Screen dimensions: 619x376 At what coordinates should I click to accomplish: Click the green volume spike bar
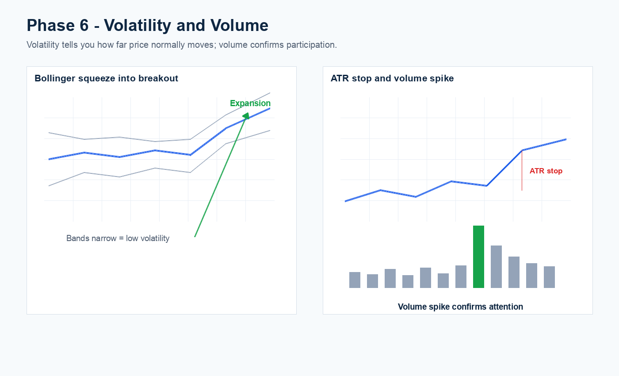click(478, 257)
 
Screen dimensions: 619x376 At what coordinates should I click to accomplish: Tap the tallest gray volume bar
click(496, 266)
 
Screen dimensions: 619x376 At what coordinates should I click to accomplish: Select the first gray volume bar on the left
click(355, 280)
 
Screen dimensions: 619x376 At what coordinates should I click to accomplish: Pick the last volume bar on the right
click(549, 277)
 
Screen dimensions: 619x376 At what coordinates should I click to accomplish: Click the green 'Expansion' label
click(250, 103)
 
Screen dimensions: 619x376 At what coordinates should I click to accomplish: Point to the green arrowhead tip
click(248, 113)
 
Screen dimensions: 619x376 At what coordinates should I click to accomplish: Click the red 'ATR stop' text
click(546, 171)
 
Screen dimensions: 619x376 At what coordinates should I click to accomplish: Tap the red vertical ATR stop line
click(522, 170)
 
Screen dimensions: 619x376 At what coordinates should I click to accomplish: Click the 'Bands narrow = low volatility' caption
click(118, 238)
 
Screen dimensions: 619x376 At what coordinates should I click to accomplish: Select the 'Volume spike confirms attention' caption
click(460, 307)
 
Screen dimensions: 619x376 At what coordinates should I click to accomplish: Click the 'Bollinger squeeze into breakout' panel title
click(107, 79)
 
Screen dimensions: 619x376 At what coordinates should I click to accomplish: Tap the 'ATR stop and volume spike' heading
click(392, 79)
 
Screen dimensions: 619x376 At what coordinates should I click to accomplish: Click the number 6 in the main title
click(84, 26)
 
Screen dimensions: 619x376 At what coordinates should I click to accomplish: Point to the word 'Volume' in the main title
click(239, 26)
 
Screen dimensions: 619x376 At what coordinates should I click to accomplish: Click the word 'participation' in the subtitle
click(311, 45)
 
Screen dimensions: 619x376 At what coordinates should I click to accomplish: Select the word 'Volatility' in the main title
click(138, 26)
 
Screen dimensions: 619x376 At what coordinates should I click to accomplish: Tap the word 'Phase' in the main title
click(50, 26)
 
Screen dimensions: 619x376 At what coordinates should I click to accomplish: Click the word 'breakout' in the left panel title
click(158, 79)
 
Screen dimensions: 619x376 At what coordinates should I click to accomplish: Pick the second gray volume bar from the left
click(372, 281)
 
